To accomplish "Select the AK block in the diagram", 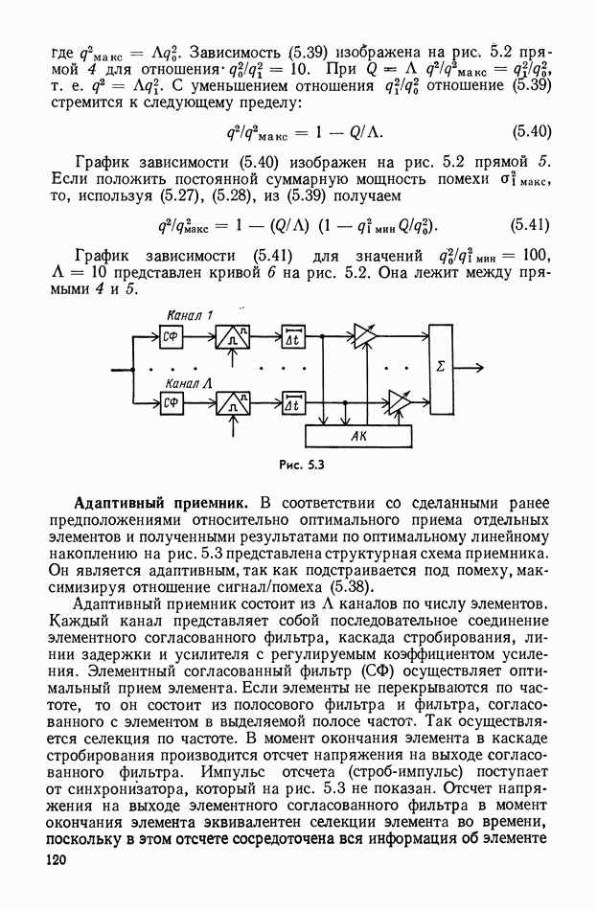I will pos(358,435).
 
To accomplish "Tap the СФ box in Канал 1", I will pos(172,335).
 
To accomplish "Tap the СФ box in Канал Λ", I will pos(172,402).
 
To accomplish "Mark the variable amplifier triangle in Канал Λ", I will pos(397,401).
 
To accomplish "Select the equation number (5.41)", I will pos(530,226).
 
